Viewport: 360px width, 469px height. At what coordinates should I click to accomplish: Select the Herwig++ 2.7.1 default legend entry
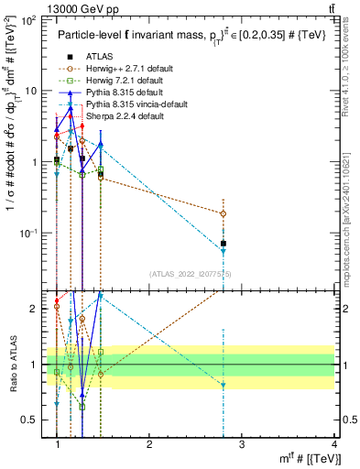click(x=123, y=69)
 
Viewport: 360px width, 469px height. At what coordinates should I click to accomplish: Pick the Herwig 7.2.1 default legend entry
click(x=121, y=81)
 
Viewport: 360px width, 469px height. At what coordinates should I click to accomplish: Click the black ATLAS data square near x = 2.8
click(x=224, y=244)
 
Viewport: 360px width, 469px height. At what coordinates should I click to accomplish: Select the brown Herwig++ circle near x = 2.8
click(x=224, y=213)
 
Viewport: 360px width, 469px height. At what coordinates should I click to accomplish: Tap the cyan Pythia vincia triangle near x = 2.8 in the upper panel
click(x=224, y=251)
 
